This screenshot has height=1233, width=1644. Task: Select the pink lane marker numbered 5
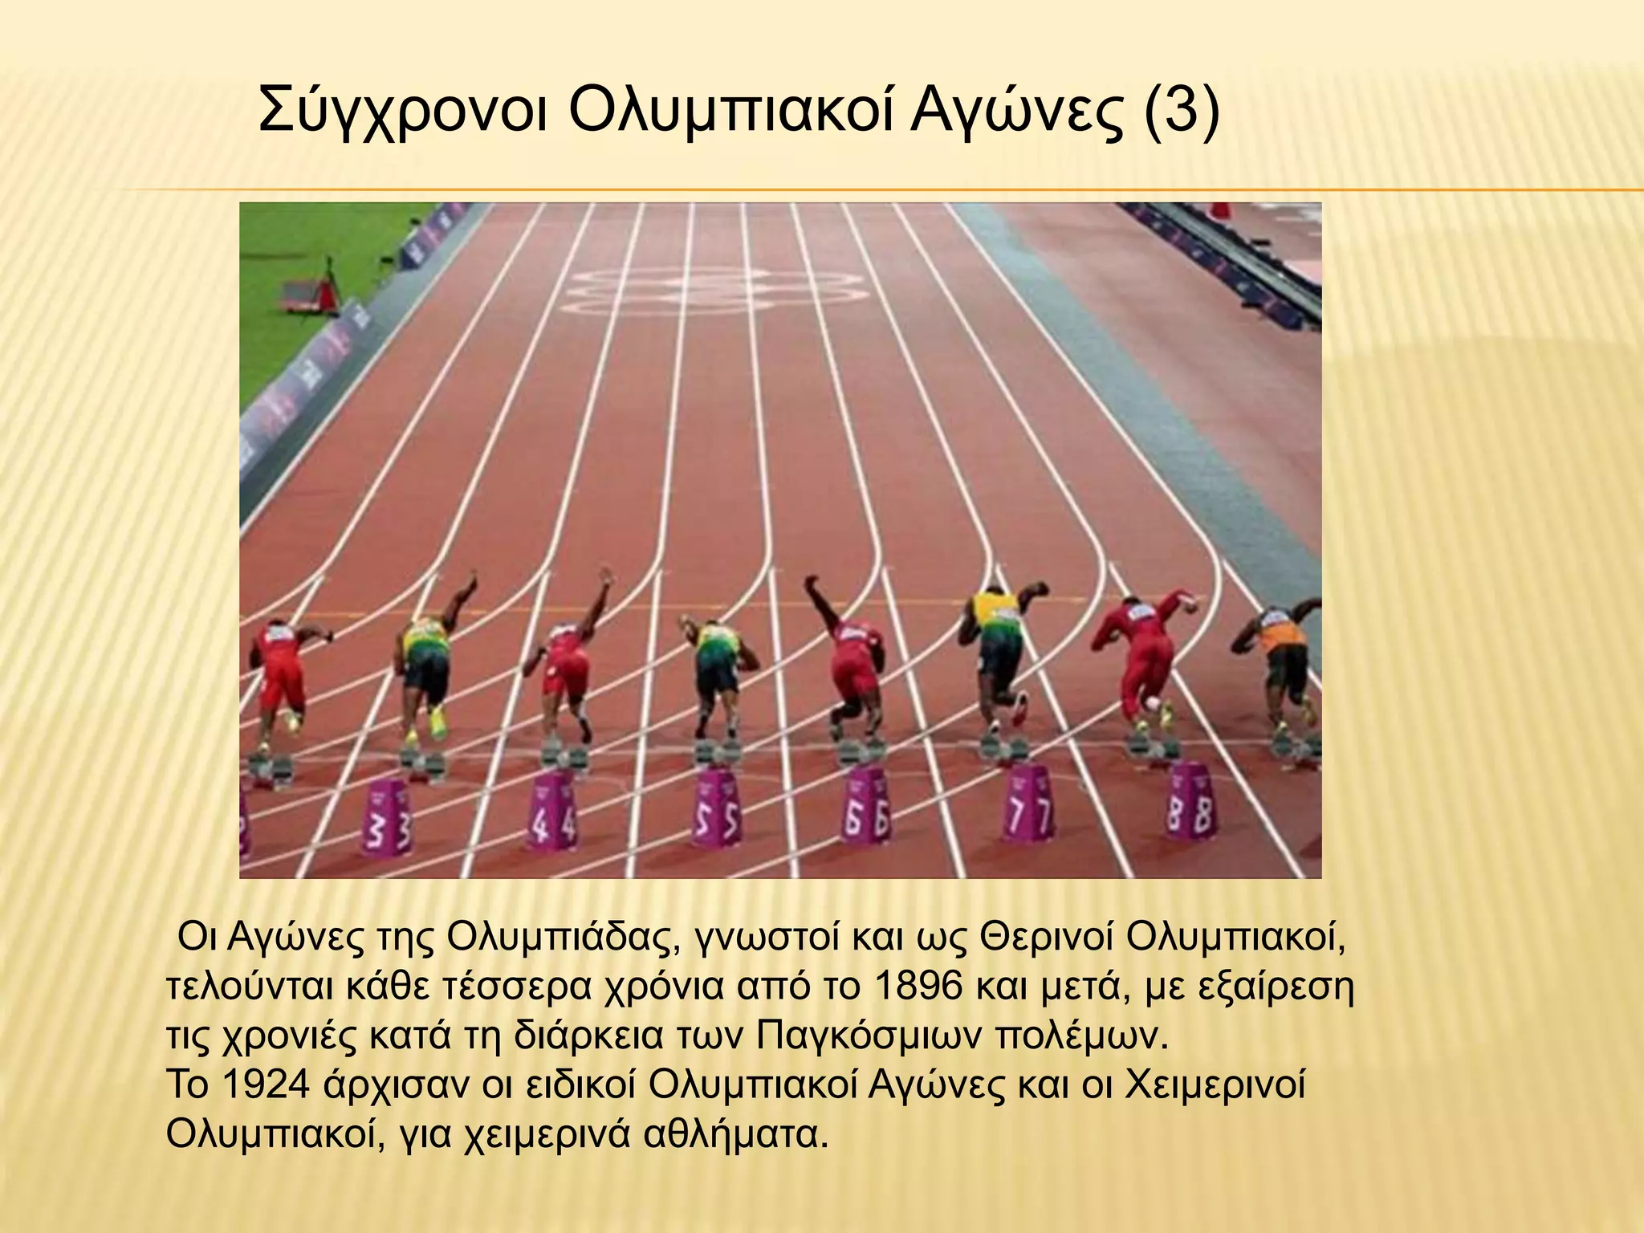pyautogui.click(x=714, y=808)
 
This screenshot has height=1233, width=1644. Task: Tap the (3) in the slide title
pyautogui.click(x=1179, y=112)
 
